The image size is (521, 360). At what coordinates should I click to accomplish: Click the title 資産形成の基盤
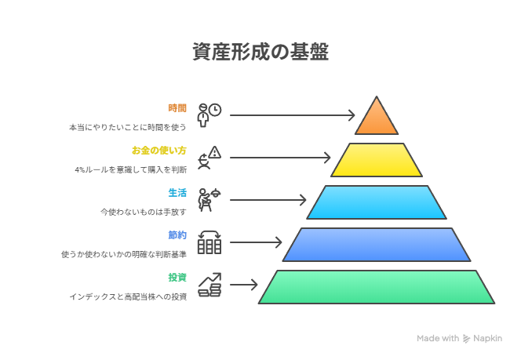click(x=260, y=52)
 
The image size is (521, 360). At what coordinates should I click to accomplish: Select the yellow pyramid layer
click(x=377, y=160)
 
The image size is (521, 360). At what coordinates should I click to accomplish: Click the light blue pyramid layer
click(x=377, y=202)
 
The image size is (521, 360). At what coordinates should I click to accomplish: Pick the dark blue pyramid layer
click(x=377, y=245)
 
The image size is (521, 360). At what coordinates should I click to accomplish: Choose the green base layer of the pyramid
click(x=377, y=287)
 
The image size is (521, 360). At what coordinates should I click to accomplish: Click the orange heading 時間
click(x=177, y=108)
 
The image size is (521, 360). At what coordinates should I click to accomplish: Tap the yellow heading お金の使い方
click(x=159, y=151)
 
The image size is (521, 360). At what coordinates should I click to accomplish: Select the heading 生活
click(x=177, y=193)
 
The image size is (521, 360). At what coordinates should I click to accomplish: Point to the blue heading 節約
click(x=177, y=235)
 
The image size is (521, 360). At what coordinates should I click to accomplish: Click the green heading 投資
click(x=177, y=278)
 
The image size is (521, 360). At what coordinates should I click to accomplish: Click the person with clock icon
click(x=209, y=115)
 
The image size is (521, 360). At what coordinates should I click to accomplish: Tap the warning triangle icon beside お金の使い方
click(x=215, y=152)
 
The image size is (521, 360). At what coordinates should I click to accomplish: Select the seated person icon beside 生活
click(x=209, y=199)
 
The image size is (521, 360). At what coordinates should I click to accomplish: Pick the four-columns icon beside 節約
click(x=209, y=242)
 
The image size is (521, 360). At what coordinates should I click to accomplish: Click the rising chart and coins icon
click(x=209, y=285)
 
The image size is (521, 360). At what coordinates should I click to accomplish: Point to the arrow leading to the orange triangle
click(x=293, y=115)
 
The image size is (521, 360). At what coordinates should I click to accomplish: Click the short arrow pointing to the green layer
click(x=243, y=285)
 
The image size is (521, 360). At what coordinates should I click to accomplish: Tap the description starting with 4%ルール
click(x=131, y=169)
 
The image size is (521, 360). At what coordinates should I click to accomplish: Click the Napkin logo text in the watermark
click(x=487, y=338)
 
